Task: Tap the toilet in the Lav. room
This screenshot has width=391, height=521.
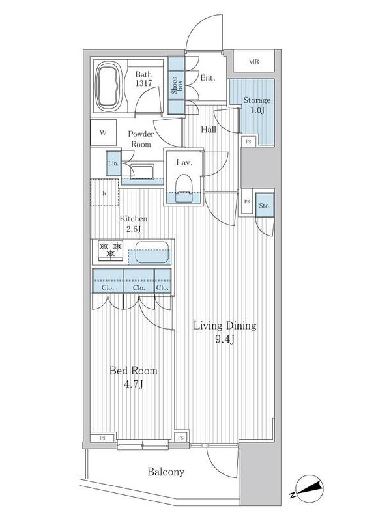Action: (x=184, y=188)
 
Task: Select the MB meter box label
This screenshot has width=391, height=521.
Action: (x=254, y=62)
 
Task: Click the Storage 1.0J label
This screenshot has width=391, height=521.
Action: (x=257, y=105)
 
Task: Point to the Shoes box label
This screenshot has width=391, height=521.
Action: (x=177, y=86)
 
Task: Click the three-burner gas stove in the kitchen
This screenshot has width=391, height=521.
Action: (x=110, y=250)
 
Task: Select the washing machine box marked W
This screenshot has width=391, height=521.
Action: (x=104, y=133)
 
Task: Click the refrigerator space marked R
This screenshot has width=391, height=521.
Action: (x=104, y=193)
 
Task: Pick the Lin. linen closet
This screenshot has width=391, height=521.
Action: (x=113, y=163)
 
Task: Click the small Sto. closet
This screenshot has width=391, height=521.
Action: (x=265, y=206)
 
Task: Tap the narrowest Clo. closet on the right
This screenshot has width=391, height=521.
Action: (x=163, y=281)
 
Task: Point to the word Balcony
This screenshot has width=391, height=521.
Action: (x=166, y=472)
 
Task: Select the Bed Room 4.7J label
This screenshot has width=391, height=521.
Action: (x=134, y=378)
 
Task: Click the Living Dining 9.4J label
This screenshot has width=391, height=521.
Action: (x=225, y=332)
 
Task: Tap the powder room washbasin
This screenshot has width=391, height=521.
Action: (x=142, y=171)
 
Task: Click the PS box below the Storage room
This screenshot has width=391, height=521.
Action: (x=248, y=141)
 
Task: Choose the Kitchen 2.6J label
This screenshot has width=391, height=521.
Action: (x=134, y=223)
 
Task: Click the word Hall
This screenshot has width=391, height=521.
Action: (x=209, y=129)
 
